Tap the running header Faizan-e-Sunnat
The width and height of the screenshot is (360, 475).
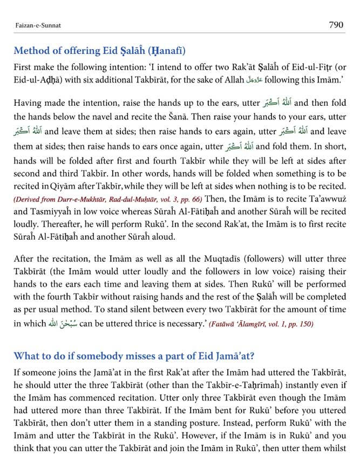tap(35, 25)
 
